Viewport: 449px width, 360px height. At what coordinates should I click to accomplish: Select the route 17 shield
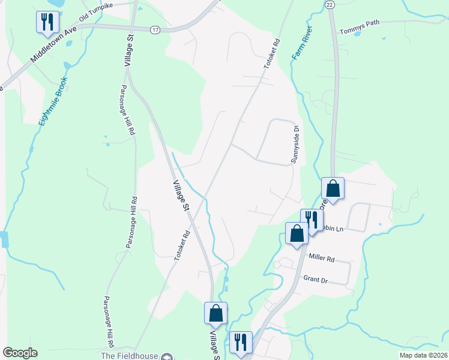click(x=155, y=29)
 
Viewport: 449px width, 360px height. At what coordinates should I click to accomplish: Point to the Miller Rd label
click(x=321, y=257)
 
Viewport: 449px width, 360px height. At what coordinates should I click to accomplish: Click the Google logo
click(x=20, y=353)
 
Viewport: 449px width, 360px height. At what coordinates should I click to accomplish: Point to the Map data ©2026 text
click(x=423, y=355)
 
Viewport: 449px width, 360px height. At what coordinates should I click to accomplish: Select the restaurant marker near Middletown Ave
click(x=45, y=22)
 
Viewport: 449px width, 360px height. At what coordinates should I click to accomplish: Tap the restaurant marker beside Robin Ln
click(x=312, y=219)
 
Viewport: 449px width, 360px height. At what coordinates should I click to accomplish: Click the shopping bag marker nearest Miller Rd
click(x=297, y=233)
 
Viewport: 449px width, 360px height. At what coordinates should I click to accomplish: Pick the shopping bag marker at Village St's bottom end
click(x=215, y=313)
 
